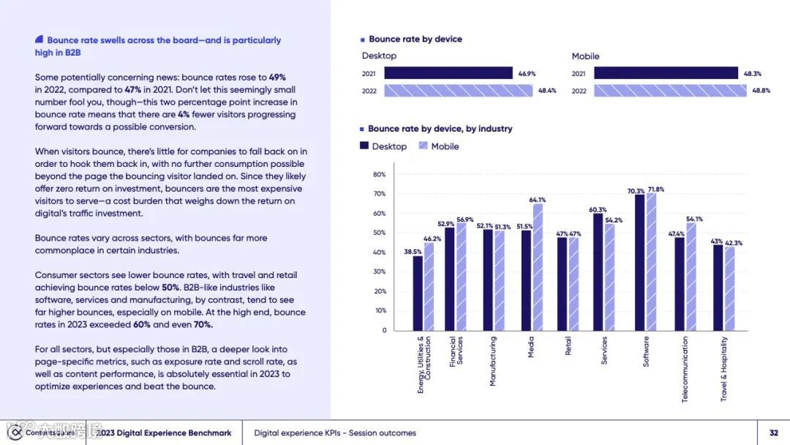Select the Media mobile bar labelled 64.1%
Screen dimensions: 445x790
tap(538, 267)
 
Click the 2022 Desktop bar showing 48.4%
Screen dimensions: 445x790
tap(459, 91)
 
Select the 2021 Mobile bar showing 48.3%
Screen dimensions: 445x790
tap(666, 73)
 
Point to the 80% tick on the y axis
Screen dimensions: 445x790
tap(380, 174)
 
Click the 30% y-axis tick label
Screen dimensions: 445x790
tap(380, 272)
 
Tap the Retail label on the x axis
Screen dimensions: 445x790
tap(568, 346)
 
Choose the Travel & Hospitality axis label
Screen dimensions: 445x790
tap(724, 368)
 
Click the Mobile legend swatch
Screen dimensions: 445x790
tap(423, 146)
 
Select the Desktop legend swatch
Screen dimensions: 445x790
tap(364, 146)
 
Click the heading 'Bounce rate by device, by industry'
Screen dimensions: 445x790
tap(440, 129)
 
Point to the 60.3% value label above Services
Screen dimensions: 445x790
tap(598, 210)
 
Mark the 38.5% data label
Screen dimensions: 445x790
tap(413, 252)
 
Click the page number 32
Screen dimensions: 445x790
tap(773, 433)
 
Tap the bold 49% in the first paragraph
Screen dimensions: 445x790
tap(277, 77)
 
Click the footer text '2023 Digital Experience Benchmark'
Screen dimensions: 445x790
tap(164, 433)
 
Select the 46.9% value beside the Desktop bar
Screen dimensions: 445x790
tap(527, 73)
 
